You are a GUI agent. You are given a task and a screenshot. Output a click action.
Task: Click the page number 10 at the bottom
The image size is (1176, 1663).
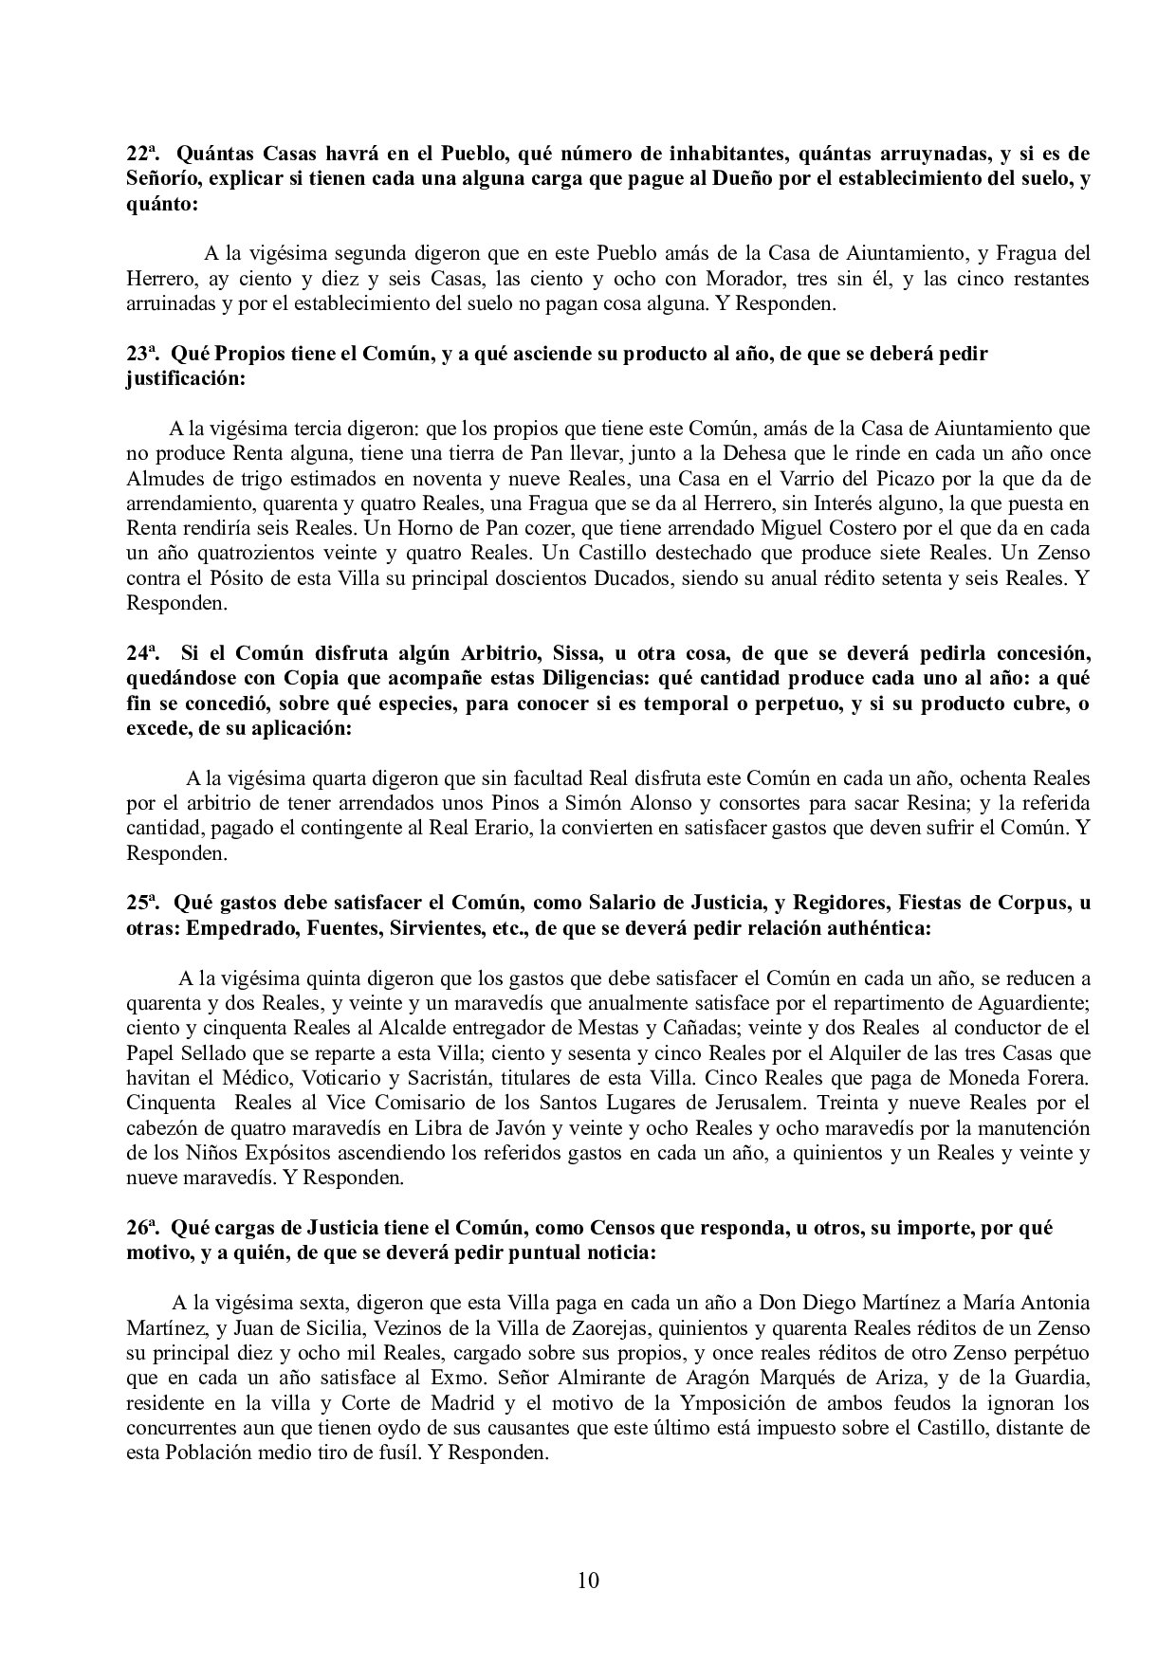[588, 1580]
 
